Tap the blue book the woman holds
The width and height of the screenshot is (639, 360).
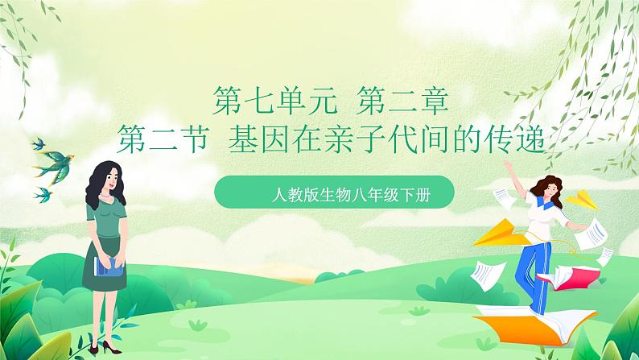pyautogui.click(x=109, y=265)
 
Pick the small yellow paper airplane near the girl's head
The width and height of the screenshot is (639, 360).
pyautogui.click(x=579, y=198)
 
